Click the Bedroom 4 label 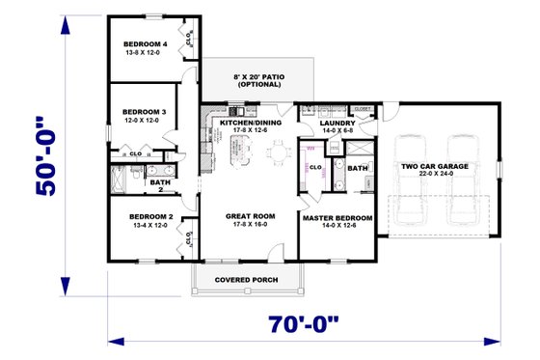145,44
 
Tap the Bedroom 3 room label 145,112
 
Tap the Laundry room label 339,124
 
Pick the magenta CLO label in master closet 314,167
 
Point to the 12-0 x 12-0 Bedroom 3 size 145,121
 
